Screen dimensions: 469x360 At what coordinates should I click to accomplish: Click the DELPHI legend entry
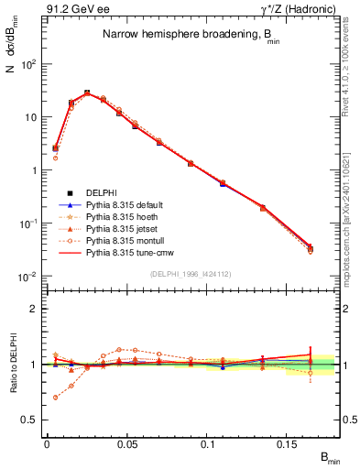click(x=101, y=192)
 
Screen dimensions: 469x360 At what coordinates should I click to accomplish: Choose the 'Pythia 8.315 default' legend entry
click(x=124, y=206)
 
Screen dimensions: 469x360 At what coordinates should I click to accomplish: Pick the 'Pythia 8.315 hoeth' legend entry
click(x=121, y=221)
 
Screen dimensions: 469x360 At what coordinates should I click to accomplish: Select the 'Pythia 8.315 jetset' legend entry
click(x=121, y=234)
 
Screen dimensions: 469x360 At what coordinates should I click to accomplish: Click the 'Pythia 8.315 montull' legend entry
click(x=124, y=249)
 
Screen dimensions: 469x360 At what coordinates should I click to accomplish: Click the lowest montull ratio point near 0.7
click(x=56, y=398)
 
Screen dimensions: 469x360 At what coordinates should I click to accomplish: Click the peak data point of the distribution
click(x=87, y=93)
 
